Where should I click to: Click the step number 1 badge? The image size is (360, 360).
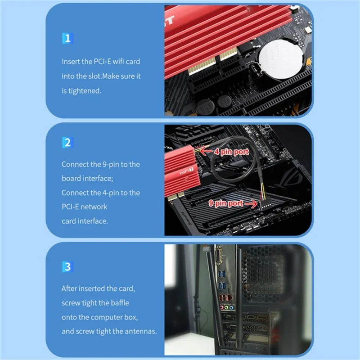coord(67,38)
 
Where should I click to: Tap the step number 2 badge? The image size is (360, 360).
coord(67,143)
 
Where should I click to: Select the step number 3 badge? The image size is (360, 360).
coord(67,266)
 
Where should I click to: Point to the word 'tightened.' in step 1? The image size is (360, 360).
coord(81,91)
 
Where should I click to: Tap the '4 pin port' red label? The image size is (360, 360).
coord(231,152)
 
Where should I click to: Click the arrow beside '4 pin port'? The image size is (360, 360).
coord(205,151)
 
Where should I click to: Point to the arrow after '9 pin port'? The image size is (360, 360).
coord(250,204)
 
